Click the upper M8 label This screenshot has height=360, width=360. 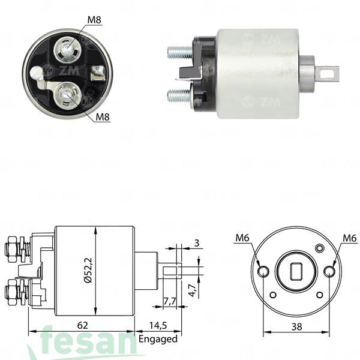(94, 20)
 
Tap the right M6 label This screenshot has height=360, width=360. (349, 238)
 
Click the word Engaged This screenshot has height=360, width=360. (158, 339)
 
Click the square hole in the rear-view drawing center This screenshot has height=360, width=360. (296, 272)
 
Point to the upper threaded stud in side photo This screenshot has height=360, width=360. (178, 52)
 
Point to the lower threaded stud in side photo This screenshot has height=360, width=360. (178, 94)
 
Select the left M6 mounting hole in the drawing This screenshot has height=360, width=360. (263, 272)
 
